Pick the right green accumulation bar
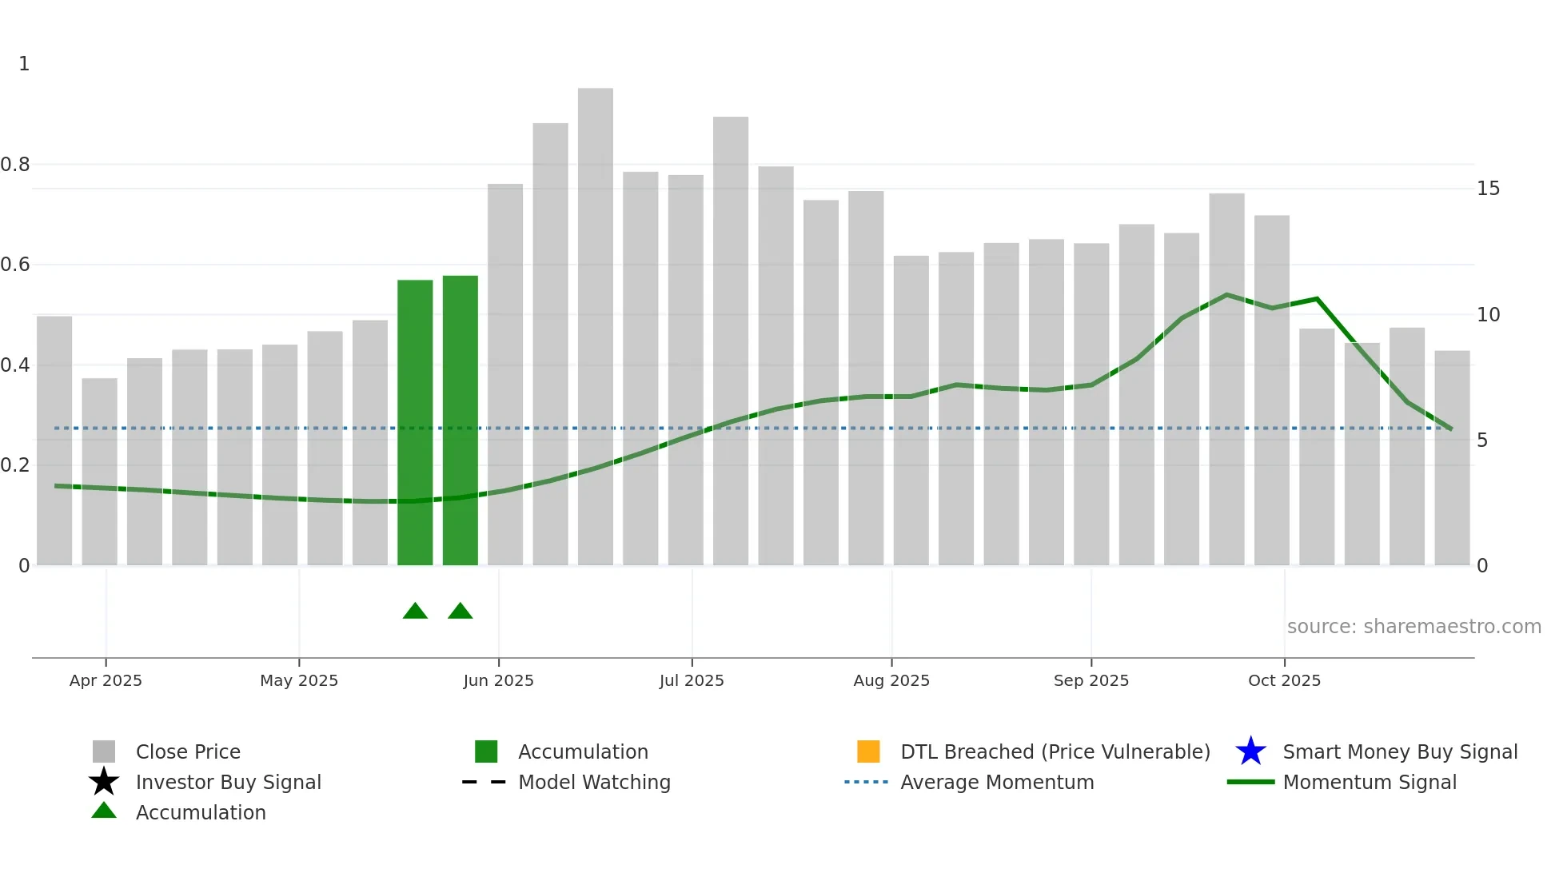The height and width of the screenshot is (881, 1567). tap(461, 421)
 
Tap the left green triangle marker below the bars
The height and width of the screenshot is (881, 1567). tap(415, 612)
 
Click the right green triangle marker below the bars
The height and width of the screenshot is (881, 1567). tap(461, 612)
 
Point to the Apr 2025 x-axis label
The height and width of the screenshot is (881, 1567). tap(106, 680)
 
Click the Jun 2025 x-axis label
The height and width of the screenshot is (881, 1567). tap(498, 680)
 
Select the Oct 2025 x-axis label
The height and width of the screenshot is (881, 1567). tap(1284, 680)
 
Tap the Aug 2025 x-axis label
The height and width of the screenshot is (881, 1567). tap(891, 680)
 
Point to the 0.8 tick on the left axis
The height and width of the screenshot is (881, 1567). tap(15, 165)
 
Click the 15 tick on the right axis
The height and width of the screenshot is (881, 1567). tap(1488, 189)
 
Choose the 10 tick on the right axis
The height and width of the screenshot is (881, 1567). tap(1488, 315)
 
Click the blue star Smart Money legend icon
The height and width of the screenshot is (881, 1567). tap(1250, 751)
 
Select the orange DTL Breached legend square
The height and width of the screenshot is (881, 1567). tap(868, 751)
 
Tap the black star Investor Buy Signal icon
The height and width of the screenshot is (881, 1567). tap(104, 782)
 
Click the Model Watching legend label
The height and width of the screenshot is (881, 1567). tap(594, 782)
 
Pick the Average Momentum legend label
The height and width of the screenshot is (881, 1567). tap(997, 782)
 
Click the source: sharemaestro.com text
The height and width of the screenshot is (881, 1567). tap(1413, 627)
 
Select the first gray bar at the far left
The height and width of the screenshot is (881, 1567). tap(54, 440)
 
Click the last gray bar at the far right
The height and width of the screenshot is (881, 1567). tap(1452, 458)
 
